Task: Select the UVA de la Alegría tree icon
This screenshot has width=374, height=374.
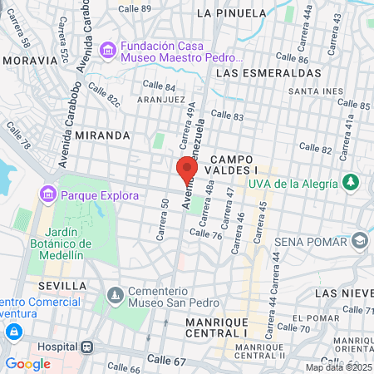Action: [x=352, y=182]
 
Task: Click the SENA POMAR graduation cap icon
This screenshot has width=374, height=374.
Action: [x=360, y=241]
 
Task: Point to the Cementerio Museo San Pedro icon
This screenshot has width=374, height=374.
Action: [x=114, y=294]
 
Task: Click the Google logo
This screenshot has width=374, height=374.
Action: [x=27, y=363]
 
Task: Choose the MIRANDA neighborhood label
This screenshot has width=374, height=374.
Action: [x=102, y=135]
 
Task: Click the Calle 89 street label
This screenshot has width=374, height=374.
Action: [x=135, y=8]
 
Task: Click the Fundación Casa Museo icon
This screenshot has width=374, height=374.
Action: [x=107, y=52]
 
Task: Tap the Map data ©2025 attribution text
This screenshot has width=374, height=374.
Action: [x=338, y=367]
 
